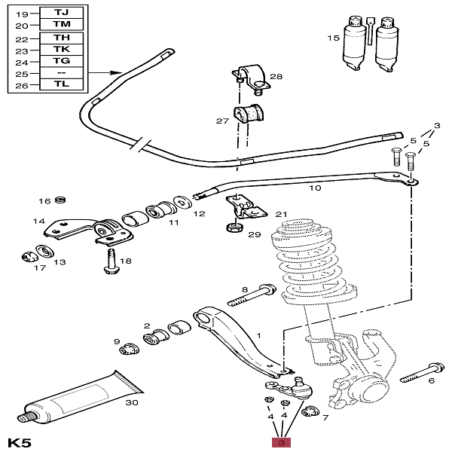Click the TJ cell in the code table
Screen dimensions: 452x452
[62, 13]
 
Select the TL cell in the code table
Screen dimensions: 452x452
[62, 84]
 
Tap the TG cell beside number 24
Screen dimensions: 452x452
[62, 61]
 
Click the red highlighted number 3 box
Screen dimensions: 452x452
[281, 442]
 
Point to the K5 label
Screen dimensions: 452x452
[20, 443]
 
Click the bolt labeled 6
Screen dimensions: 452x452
[423, 373]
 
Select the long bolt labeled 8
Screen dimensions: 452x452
[252, 295]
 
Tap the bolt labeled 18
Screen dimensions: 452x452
[110, 261]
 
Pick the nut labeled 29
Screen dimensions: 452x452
[234, 228]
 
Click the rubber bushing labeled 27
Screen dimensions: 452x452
[248, 114]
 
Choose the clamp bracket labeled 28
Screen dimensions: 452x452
[251, 78]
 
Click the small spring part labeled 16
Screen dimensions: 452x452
[60, 200]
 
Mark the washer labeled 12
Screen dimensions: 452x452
[183, 203]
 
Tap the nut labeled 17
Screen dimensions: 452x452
[29, 257]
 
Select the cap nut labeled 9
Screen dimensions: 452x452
[130, 349]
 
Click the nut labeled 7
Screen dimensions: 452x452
[310, 411]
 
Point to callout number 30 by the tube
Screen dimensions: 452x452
[132, 402]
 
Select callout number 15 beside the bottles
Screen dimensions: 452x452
[333, 38]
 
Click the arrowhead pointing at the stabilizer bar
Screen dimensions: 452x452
[116, 72]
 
